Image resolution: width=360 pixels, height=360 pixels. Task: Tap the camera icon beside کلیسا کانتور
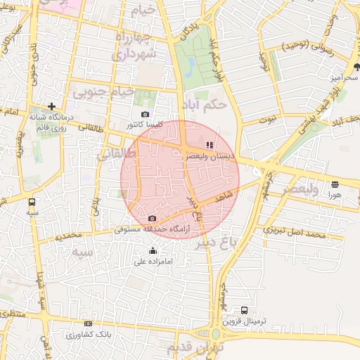click(x=145, y=114)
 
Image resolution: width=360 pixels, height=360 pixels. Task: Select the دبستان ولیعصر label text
click(x=208, y=157)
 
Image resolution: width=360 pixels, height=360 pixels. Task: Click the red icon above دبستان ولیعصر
click(x=209, y=146)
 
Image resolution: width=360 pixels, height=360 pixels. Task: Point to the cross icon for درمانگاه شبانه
click(x=51, y=106)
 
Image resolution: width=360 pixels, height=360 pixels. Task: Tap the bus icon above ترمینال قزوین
click(x=244, y=310)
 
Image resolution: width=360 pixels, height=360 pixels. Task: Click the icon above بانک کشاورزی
click(x=88, y=323)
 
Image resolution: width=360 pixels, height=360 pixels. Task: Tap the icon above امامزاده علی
click(x=153, y=251)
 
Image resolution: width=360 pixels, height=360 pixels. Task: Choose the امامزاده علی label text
click(x=153, y=262)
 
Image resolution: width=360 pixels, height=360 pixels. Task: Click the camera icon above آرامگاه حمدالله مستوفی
click(x=152, y=218)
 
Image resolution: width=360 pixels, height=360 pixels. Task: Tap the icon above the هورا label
click(x=333, y=184)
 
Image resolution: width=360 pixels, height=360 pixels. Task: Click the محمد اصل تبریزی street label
click(x=295, y=230)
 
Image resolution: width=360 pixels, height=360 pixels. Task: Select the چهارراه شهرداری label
click(x=141, y=45)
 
